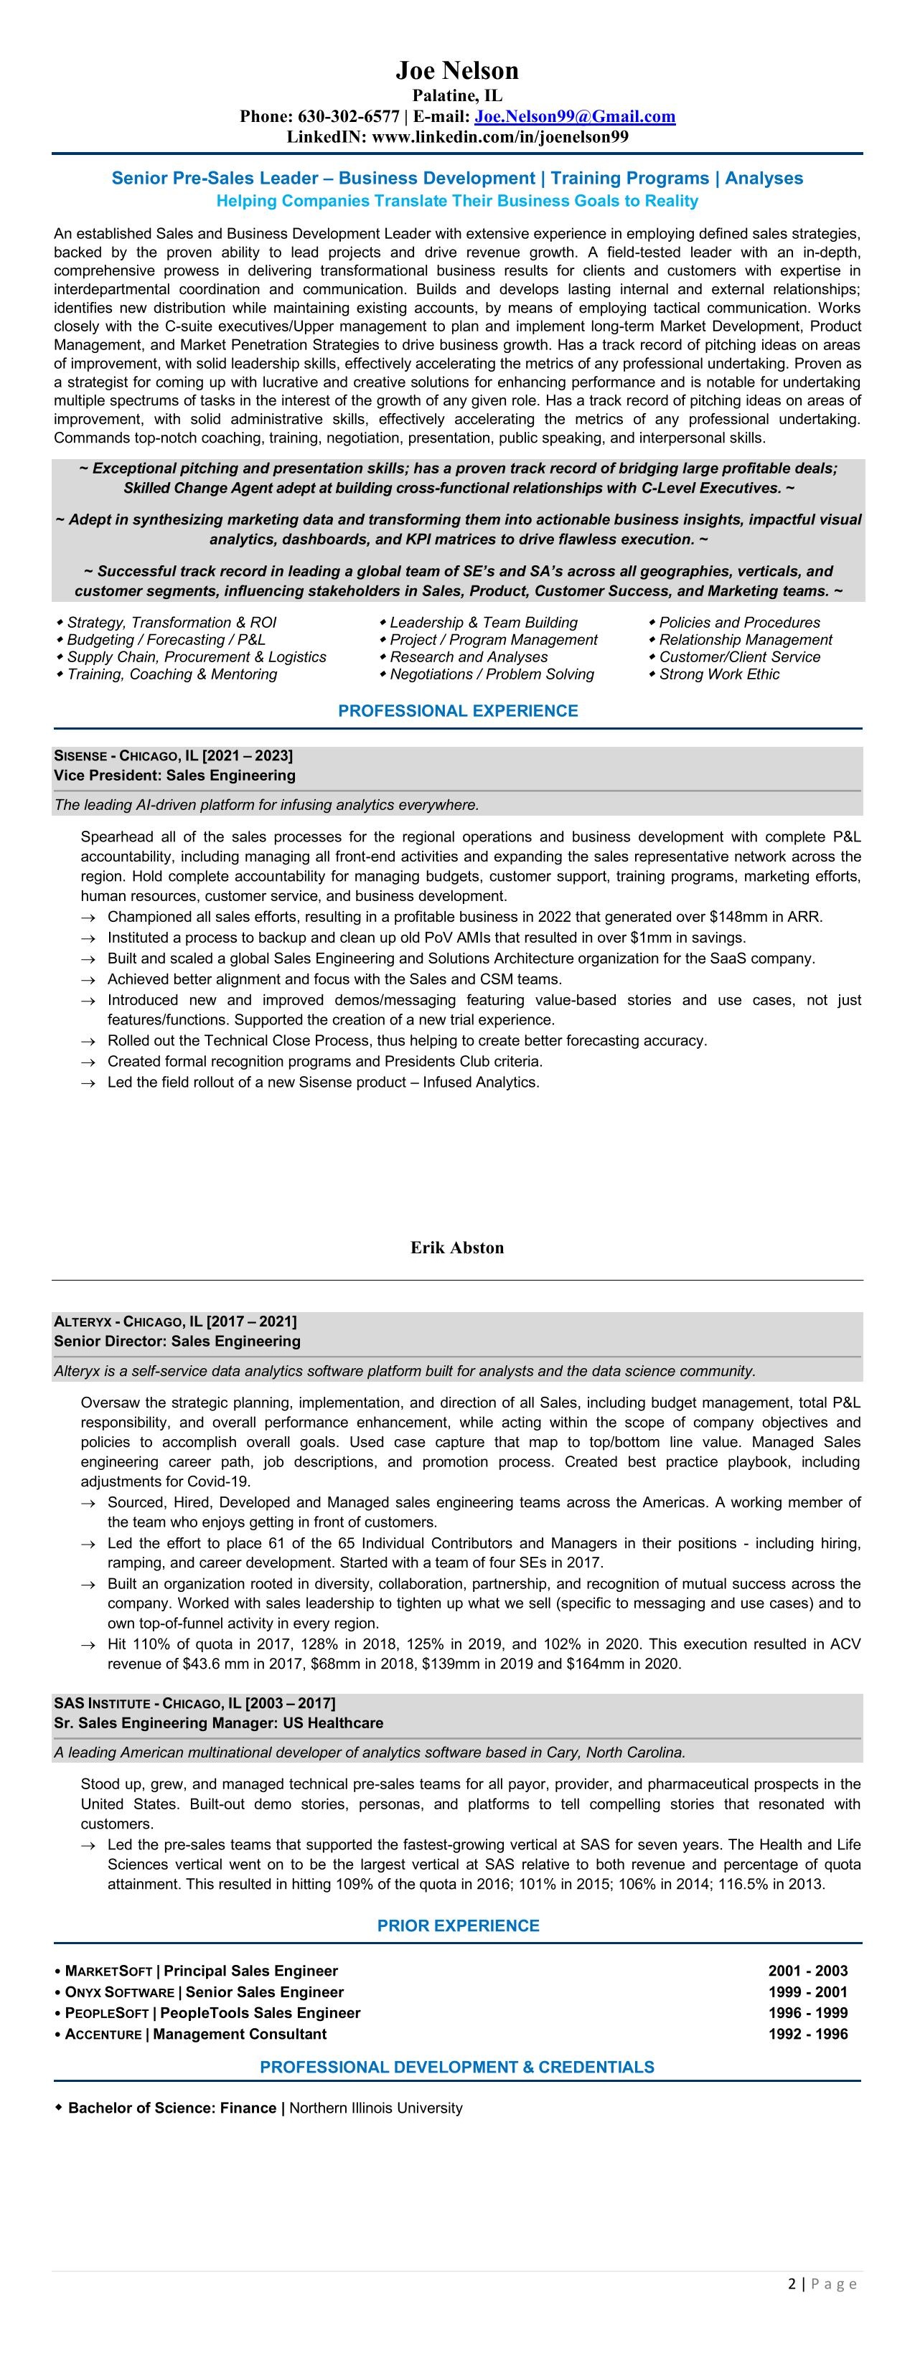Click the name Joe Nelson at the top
pos(456,71)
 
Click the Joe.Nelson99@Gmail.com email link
pos(575,117)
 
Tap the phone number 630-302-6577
pos(348,117)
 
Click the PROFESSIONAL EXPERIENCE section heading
pos(458,711)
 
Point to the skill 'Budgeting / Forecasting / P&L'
pos(166,639)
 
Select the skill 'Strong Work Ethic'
pos(718,674)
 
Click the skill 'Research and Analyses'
pos(469,656)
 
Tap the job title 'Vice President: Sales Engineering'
pos(174,776)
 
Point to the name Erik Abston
pos(456,1248)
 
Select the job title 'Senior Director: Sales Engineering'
pos(177,1341)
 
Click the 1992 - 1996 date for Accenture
pos(807,2034)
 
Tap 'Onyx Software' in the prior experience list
pos(119,1992)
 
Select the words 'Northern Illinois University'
pos(376,2108)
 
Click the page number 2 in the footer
pos(792,2284)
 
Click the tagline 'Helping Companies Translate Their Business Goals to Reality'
pos(456,201)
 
